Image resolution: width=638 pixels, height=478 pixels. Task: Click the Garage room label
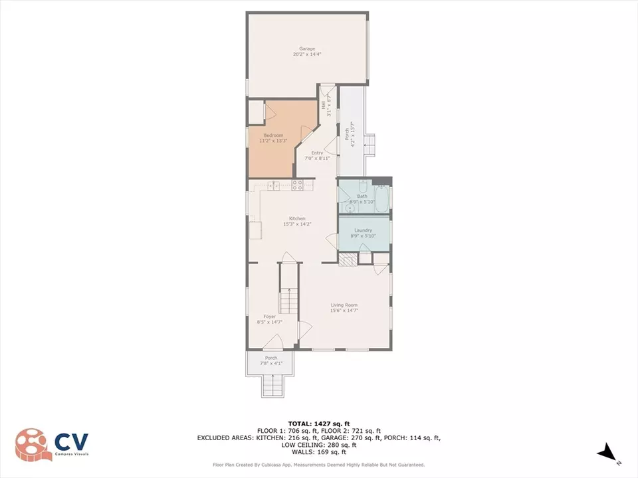coord(306,48)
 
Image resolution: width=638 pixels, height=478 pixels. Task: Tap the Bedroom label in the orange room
coord(273,135)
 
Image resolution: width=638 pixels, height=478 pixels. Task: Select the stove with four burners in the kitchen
coord(298,185)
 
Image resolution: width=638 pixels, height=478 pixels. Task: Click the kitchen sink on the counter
coord(272,187)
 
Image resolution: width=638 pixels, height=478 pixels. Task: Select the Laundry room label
coord(363,230)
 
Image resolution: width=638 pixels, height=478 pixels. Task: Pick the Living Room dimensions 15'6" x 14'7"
coord(344,310)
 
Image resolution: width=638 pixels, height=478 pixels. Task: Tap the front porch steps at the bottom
coord(274,385)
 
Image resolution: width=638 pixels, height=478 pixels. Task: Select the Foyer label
coord(269,317)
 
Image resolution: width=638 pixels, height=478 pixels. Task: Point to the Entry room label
coord(317,153)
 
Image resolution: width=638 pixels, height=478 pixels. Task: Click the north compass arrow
coord(608,454)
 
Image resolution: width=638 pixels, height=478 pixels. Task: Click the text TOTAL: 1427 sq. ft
coord(318,423)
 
